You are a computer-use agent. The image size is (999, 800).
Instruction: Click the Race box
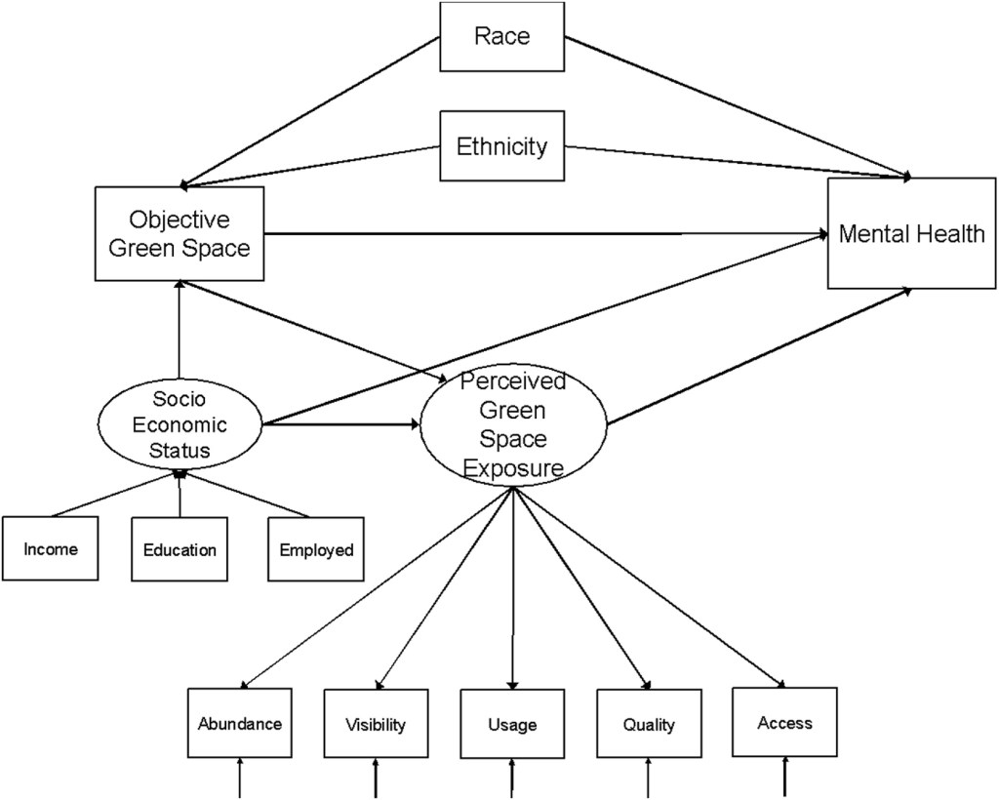501,37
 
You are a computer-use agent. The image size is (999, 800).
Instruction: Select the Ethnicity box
501,146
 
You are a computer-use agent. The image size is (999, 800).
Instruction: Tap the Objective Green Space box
180,234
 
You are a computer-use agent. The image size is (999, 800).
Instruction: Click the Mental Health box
911,234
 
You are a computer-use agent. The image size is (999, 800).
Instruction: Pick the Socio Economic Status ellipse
180,425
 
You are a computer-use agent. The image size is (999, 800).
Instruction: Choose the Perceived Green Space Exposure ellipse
513,425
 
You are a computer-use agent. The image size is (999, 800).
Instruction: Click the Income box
50,549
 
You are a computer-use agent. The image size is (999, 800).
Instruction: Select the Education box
180,549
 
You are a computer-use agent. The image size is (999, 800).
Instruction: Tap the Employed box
315,549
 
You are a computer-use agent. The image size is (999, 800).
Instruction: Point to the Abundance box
239,724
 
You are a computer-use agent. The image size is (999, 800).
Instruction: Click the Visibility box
376,725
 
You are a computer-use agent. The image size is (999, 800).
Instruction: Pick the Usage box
512,725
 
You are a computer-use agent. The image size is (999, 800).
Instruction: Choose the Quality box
649,725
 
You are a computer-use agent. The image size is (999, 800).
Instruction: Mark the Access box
784,723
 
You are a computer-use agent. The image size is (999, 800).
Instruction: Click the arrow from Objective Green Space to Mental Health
546,234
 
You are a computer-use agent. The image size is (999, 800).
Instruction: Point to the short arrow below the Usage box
512,780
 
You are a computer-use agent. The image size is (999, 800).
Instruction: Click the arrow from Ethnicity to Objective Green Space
312,166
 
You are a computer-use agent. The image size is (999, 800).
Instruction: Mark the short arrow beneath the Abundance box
239,780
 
